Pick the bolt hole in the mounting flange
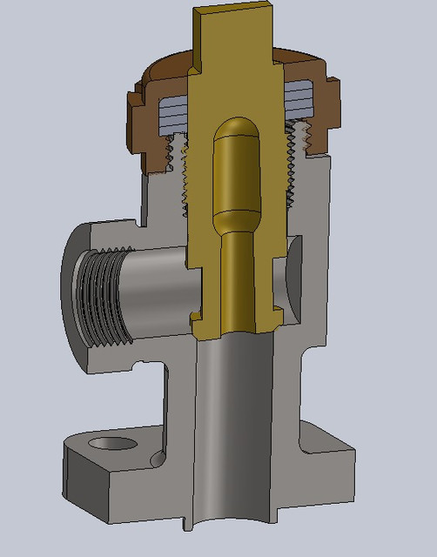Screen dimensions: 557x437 point(114,445)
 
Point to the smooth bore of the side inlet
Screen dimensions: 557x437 point(157,283)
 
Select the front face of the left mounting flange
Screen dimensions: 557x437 point(87,487)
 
